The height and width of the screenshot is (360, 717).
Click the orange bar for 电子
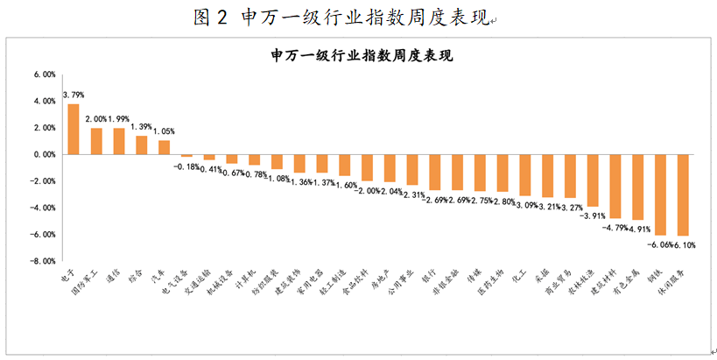tap(74, 129)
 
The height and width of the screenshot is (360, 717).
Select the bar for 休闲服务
tap(683, 194)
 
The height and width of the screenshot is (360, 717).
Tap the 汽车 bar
tap(164, 147)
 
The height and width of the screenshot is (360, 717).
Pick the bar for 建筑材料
tap(615, 186)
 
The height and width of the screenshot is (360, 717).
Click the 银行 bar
tap(434, 172)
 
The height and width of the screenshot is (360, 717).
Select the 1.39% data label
tap(141, 126)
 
